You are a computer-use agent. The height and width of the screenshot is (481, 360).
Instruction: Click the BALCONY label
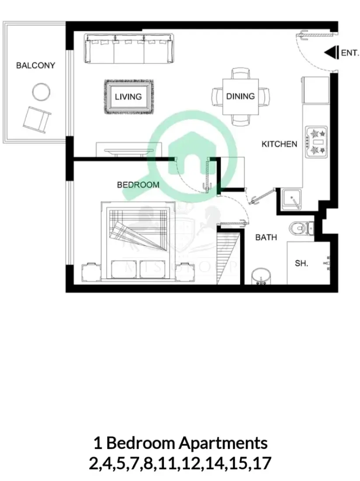coord(35,66)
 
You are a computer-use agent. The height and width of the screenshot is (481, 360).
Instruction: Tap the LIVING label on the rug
coord(128,97)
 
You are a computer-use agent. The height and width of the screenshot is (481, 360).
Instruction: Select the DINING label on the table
coord(240,96)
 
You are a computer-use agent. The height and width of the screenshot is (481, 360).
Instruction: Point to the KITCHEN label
coord(279,144)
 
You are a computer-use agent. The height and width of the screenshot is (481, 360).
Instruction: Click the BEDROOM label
coord(138,185)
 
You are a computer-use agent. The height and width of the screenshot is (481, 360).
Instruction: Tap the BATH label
coord(266,237)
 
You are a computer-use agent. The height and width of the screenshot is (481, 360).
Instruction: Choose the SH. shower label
coord(301,263)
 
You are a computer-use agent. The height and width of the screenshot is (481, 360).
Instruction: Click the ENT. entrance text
coord(350,53)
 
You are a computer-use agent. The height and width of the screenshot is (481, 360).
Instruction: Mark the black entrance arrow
coord(331,52)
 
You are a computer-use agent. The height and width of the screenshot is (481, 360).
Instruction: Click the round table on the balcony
coord(41,91)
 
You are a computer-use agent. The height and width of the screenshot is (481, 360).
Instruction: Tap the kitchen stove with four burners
coord(316,142)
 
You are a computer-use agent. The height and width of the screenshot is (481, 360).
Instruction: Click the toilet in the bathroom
coord(302,227)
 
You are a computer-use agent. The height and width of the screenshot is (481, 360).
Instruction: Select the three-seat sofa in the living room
coord(129,49)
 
